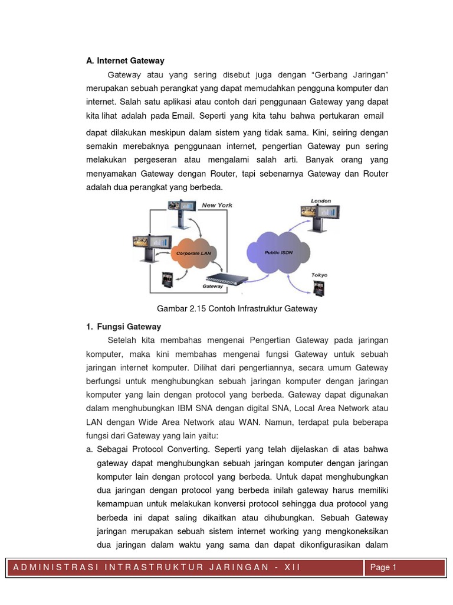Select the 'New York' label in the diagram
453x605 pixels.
pos(217,206)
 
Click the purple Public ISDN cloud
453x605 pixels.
pos(278,251)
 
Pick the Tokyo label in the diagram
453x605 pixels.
pos(319,275)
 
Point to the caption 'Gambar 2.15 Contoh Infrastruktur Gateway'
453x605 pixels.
pos(237,308)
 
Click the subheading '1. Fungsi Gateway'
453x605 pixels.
pos(124,326)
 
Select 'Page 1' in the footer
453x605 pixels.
pos(383,567)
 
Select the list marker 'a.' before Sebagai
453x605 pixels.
pos(90,449)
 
